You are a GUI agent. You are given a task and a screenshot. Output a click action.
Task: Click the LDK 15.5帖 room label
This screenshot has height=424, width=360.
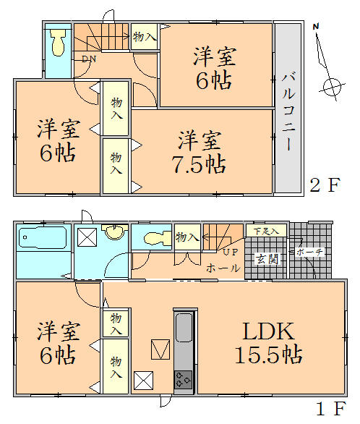[267, 344]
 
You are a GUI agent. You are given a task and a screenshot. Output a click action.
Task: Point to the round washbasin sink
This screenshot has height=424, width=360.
[114, 233]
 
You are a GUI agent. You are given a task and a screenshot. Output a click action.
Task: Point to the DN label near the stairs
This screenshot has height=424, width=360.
[88, 59]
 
